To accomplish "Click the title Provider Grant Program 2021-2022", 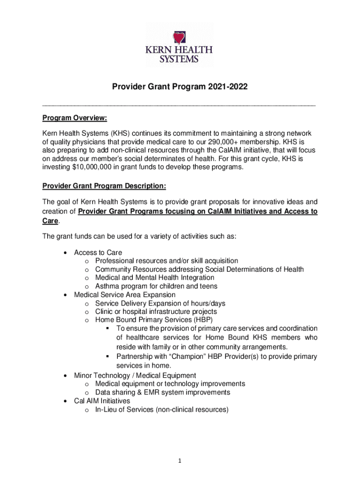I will tap(179, 87).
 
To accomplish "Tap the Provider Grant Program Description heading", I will tap(104, 186).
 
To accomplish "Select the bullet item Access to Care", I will tap(98, 253).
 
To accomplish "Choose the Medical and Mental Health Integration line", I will tap(155, 278).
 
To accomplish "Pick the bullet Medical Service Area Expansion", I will tap(125, 295).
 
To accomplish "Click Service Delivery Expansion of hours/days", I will tap(160, 304).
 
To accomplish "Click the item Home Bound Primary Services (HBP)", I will tap(154, 320).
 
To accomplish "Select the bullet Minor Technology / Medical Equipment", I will tap(135, 376).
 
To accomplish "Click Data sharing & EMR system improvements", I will tap(163, 392).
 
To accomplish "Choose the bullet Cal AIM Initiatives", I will tap(102, 401).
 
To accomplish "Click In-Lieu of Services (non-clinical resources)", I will tap(162, 410).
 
